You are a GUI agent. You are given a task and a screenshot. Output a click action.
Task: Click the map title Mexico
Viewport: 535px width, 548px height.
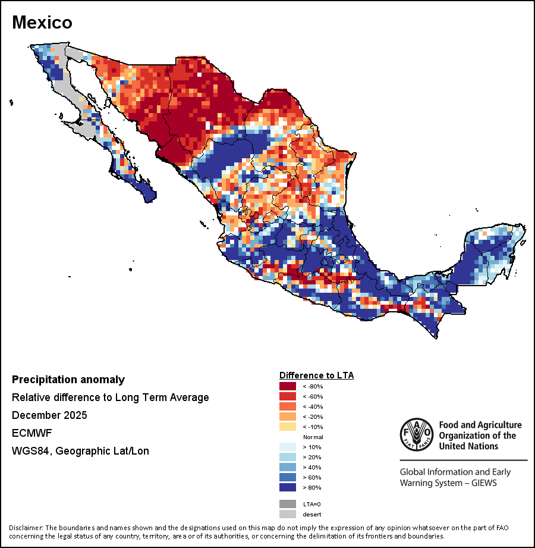pyautogui.click(x=42, y=23)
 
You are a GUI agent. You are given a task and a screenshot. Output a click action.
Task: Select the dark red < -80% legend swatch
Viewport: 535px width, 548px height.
pyautogui.click(x=288, y=387)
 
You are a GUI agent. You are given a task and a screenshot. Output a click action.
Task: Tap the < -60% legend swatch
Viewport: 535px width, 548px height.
pyautogui.click(x=288, y=396)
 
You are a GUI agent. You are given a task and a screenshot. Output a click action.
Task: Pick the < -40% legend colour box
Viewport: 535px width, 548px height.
pyautogui.click(x=288, y=406)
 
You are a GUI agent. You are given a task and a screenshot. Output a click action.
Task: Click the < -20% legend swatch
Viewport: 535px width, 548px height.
pyautogui.click(x=288, y=417)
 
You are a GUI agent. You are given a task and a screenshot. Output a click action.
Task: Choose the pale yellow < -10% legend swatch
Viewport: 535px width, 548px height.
pyautogui.click(x=288, y=427)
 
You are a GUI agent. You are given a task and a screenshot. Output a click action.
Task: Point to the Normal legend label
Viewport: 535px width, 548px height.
pyautogui.click(x=313, y=437)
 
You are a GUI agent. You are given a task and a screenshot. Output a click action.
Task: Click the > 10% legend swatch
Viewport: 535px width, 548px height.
pyautogui.click(x=288, y=447)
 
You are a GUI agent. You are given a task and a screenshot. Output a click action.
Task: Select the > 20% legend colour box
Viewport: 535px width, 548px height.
pyautogui.click(x=288, y=457)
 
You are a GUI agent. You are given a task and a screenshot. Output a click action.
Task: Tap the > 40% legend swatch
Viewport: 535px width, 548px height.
pyautogui.click(x=288, y=467)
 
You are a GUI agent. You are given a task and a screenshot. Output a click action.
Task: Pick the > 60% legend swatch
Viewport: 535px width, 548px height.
pyautogui.click(x=288, y=477)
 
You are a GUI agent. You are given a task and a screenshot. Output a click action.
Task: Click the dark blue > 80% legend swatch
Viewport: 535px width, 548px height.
pyautogui.click(x=288, y=487)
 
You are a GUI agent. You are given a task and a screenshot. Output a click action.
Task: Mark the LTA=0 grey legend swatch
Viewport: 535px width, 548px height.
pyautogui.click(x=288, y=504)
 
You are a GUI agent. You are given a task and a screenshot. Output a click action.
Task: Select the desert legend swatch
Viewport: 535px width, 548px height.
pyautogui.click(x=288, y=514)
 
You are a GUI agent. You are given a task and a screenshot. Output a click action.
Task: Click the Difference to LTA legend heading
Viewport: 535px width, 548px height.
pyautogui.click(x=316, y=375)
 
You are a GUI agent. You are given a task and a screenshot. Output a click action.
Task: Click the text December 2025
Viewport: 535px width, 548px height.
pyautogui.click(x=49, y=415)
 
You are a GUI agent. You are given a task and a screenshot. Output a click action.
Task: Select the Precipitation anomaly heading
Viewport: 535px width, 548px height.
pyautogui.click(x=68, y=380)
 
